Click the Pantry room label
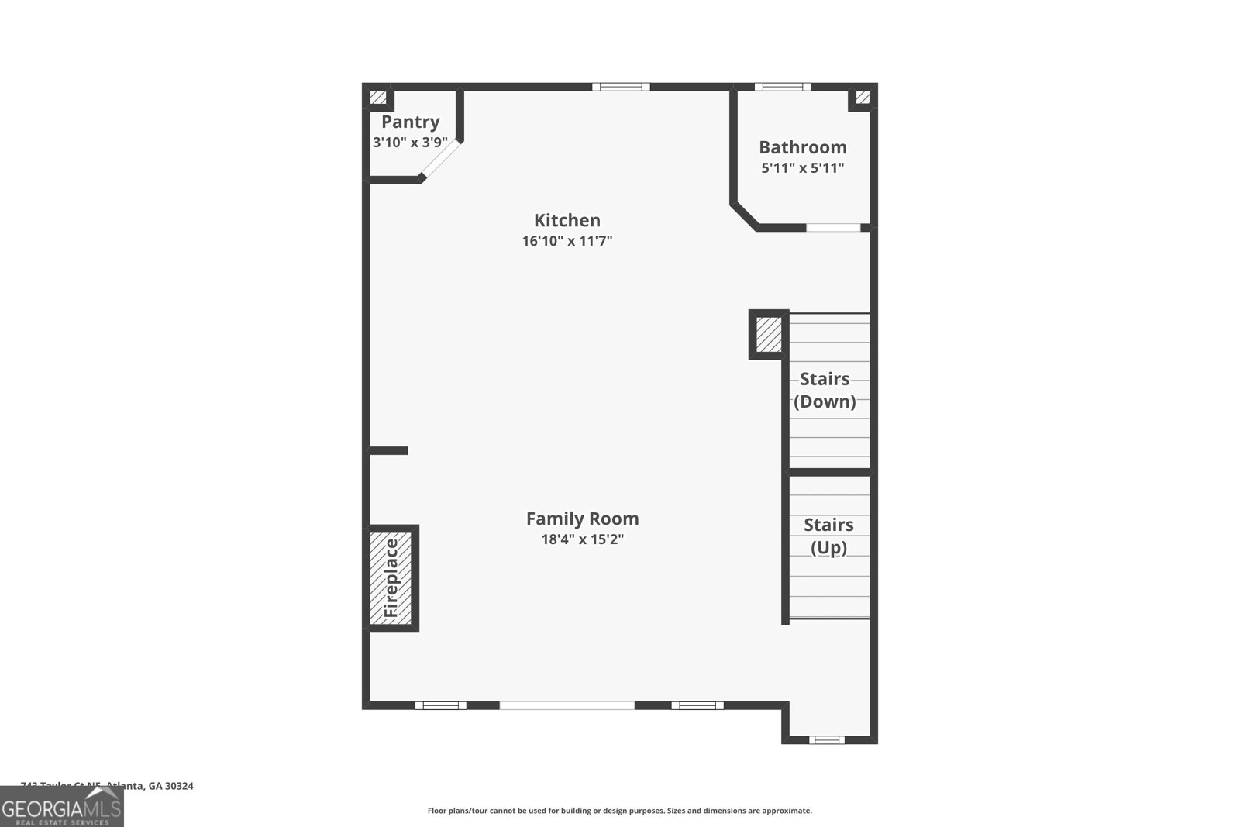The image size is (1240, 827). pos(410,122)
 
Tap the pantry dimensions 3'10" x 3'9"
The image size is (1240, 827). pos(410,143)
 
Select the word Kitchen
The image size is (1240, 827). pos(567,220)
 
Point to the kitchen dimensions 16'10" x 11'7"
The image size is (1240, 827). pos(567,241)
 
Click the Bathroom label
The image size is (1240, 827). pos(802,147)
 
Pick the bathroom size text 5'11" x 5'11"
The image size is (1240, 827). pos(802,168)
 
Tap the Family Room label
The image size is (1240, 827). pos(582,519)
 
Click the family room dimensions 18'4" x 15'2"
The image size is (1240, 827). pos(582,539)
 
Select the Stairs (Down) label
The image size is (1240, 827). pos(825,390)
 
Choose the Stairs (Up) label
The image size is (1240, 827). pos(828,536)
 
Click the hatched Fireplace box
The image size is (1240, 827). pos(392,577)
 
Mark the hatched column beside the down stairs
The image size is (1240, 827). pos(768,334)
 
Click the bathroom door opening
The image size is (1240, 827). pos(833,228)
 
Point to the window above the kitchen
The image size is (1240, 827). pos(621,87)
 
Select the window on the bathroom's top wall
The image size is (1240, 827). pos(782,87)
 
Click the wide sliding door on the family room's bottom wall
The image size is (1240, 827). pos(567,705)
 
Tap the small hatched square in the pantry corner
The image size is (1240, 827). pos(377,98)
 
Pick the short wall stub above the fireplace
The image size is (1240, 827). pos(388,450)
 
